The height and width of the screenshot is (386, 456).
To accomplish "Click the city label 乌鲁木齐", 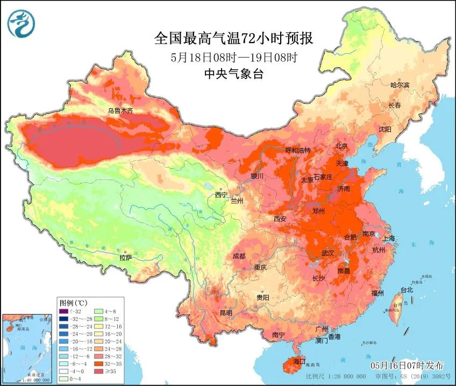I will [119, 111].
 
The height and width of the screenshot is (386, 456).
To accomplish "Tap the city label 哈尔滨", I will [400, 85].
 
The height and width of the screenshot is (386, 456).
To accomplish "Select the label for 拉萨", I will [126, 258].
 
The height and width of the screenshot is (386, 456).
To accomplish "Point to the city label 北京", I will [341, 146].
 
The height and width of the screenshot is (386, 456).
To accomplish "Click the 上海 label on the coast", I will [388, 238].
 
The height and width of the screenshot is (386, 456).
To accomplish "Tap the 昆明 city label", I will [225, 312].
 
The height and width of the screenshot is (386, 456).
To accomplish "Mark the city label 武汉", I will [327, 253].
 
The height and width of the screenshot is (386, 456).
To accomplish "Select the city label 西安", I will [280, 219].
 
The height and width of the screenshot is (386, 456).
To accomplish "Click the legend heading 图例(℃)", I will [74, 303].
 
